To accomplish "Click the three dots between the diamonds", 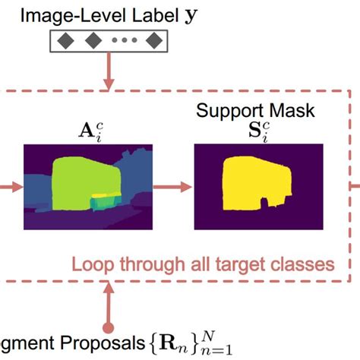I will pos(123,41).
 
